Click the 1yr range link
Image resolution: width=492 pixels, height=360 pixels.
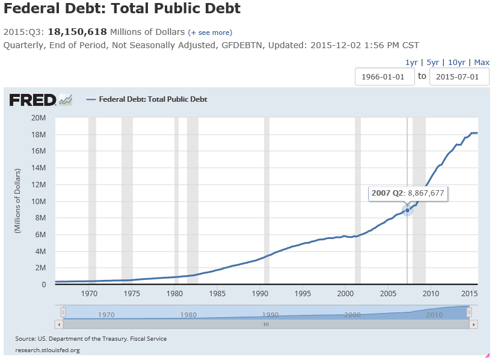pos(411,62)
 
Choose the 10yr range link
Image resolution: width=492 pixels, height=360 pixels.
pos(457,62)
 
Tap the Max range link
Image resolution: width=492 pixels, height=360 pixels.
pos(482,62)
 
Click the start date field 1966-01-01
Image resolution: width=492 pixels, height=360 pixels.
pos(385,76)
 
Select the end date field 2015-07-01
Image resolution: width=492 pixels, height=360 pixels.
pos(459,76)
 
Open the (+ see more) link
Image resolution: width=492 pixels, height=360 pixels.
pos(210,32)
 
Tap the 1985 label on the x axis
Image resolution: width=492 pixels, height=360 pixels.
pos(218,293)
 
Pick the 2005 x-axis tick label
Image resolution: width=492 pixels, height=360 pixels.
pos(388,293)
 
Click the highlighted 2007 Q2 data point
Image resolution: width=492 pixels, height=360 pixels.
pos(407,210)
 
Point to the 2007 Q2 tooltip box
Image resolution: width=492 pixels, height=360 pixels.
pos(408,193)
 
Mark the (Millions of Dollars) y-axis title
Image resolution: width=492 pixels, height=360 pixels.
pos(18,200)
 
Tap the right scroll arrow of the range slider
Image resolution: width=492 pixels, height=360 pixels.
pos(474,324)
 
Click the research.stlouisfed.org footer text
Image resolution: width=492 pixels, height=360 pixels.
pos(48,350)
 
